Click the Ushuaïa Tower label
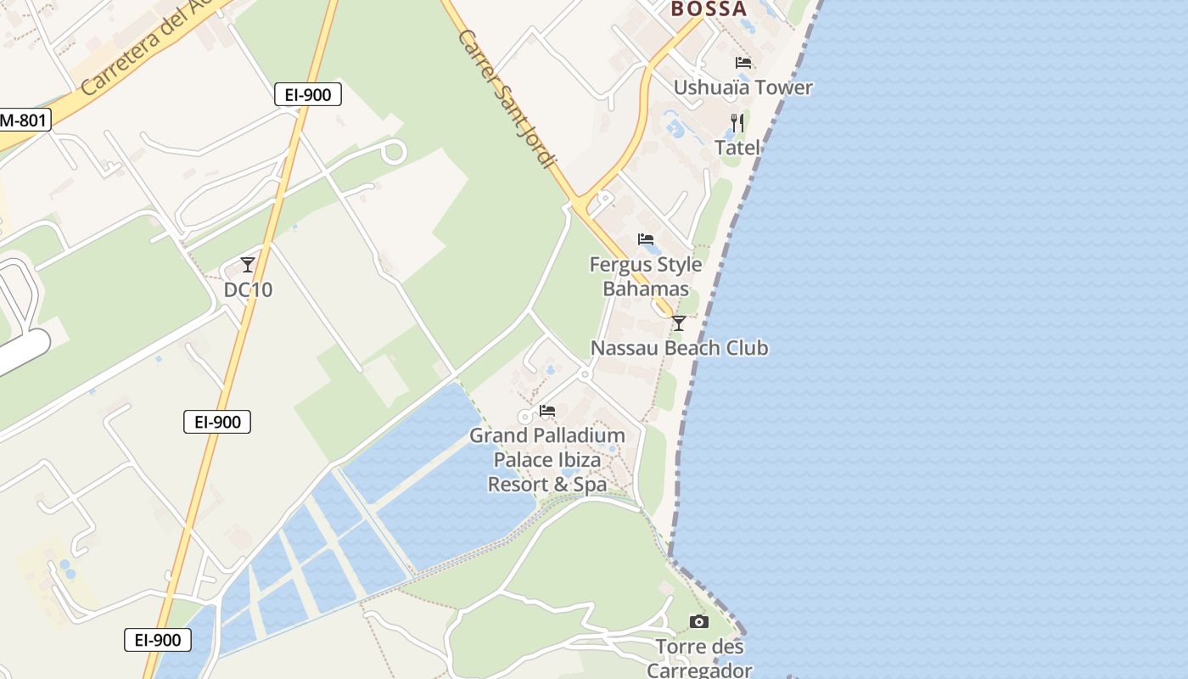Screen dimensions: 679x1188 pos(742,87)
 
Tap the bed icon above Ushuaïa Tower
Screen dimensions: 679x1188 pos(743,62)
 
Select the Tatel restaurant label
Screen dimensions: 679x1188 pos(737,148)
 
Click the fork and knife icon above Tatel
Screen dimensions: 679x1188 pos(737,123)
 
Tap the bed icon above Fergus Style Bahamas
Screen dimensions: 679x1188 pos(646,239)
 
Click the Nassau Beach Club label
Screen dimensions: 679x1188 pos(679,348)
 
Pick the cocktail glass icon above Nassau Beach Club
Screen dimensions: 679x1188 pos(678,323)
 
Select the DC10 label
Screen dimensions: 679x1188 pos(248,289)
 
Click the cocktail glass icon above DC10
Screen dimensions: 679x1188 pos(248,265)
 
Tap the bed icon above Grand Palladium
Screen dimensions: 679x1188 pos(547,411)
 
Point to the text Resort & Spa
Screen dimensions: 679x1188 pos(547,485)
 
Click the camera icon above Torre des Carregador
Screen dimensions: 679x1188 pos(698,622)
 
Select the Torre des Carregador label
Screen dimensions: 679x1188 pos(699,659)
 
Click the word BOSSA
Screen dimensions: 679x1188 pos(709,9)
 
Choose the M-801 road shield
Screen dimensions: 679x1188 pos(23,121)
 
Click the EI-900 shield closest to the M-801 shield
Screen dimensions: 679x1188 pos(307,95)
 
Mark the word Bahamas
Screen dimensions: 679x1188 pos(646,289)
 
